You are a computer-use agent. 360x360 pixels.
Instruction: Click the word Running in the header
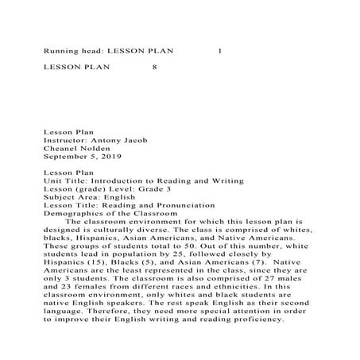60,50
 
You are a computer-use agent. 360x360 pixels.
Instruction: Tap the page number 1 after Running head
220,50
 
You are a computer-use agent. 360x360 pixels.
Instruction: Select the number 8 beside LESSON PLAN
154,68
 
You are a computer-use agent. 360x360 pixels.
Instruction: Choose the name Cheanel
61,148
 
